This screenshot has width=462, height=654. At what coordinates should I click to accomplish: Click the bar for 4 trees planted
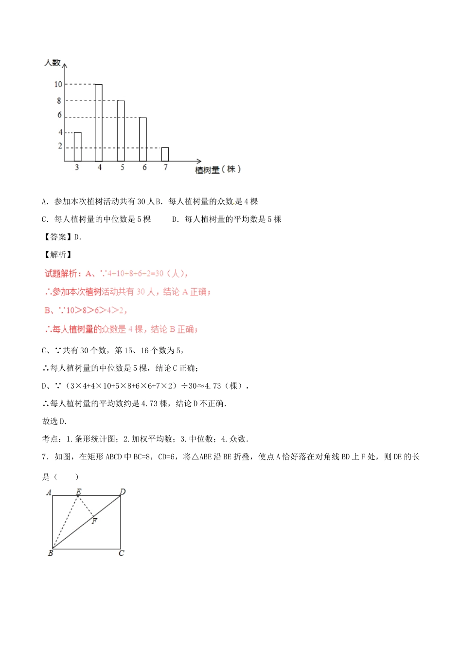pyautogui.click(x=99, y=123)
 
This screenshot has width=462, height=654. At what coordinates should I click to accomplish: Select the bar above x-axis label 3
pyautogui.click(x=77, y=146)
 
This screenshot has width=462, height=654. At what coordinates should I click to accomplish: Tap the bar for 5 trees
pyautogui.click(x=121, y=131)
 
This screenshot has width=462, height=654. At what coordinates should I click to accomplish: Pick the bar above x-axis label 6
pyautogui.click(x=143, y=139)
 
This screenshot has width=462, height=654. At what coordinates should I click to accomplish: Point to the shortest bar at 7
pyautogui.click(x=165, y=154)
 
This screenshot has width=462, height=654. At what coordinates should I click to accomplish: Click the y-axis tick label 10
pyautogui.click(x=58, y=85)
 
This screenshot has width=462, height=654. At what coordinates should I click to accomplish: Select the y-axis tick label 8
pyautogui.click(x=59, y=101)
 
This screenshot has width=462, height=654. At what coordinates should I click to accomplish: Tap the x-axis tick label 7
pyautogui.click(x=165, y=167)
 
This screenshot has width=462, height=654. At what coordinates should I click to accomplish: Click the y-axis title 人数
pyautogui.click(x=52, y=63)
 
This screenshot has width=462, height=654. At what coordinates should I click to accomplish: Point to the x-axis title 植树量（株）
pyautogui.click(x=218, y=169)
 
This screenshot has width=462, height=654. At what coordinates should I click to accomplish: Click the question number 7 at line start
pyautogui.click(x=45, y=457)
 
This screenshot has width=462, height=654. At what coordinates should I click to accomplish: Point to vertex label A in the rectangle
pyautogui.click(x=48, y=492)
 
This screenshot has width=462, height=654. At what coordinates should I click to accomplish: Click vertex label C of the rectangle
pyautogui.click(x=122, y=553)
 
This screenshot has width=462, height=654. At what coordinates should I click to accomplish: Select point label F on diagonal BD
pyautogui.click(x=94, y=521)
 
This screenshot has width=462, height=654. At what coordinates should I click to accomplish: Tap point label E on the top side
pyautogui.click(x=78, y=491)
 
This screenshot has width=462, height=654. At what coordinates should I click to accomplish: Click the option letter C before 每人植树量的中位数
pyautogui.click(x=45, y=219)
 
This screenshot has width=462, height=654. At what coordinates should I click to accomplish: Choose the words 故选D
pyautogui.click(x=54, y=421)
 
